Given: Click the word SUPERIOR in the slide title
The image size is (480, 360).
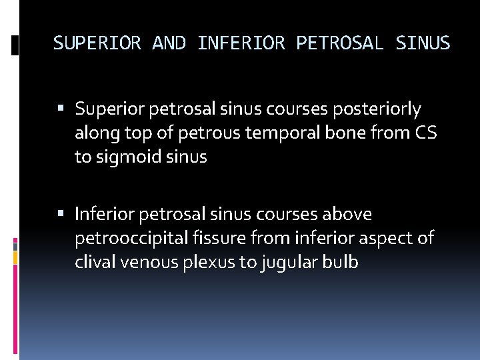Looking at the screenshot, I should click(97, 43).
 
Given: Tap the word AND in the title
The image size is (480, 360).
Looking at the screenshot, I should click(169, 43).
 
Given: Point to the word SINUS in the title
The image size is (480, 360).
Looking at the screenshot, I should click(423, 43).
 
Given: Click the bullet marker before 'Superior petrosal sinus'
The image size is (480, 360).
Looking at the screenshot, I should click(61, 109).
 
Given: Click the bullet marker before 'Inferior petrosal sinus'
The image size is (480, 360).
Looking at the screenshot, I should click(61, 215).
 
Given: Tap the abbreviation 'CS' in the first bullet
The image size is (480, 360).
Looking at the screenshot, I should click(425, 133).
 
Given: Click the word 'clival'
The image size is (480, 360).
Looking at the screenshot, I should click(95, 262).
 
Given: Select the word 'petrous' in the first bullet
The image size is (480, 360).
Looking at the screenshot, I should click(213, 133).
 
